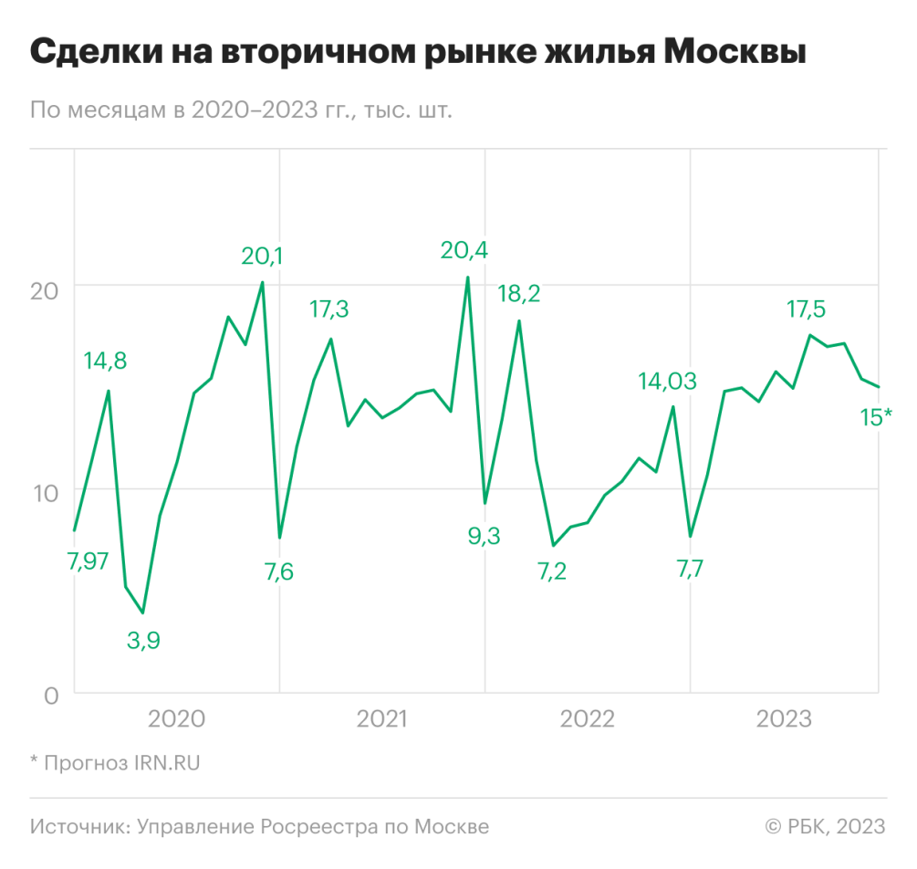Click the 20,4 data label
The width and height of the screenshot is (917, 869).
[463, 248]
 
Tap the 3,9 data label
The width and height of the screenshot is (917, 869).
[142, 640]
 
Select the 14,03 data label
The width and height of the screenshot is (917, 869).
[667, 381]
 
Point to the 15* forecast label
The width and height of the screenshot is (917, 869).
[877, 417]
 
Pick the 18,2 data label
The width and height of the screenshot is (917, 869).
[518, 294]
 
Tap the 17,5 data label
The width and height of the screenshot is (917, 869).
[807, 309]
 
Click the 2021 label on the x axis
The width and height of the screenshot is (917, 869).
[381, 719]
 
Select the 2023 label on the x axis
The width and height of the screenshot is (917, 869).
[784, 719]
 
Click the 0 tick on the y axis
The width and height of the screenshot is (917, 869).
[51, 696]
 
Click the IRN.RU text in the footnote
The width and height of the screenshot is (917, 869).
[167, 762]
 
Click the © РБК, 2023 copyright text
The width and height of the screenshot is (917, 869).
[825, 827]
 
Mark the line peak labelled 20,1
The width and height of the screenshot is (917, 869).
[263, 282]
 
